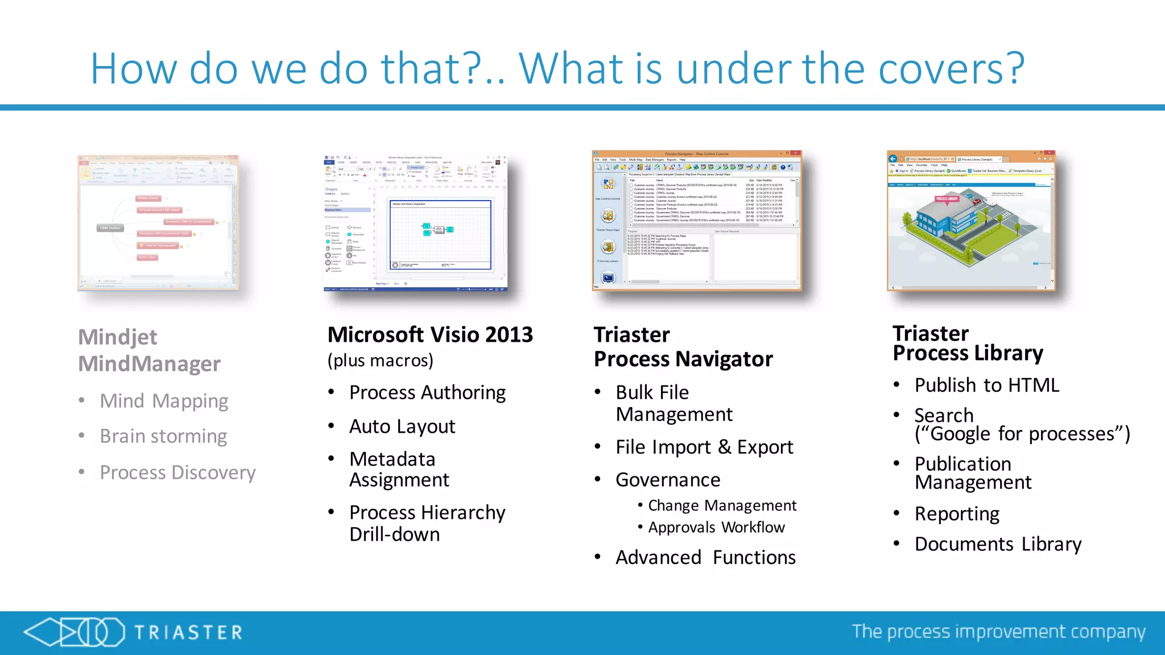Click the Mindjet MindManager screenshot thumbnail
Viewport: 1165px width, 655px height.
click(x=158, y=223)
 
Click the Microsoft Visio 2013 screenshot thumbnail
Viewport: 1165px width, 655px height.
click(x=415, y=223)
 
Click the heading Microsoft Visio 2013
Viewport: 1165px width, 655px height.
click(x=430, y=335)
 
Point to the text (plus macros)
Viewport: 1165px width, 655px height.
click(x=380, y=360)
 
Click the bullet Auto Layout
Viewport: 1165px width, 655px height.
click(x=402, y=426)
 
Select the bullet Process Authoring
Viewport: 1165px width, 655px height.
click(x=427, y=393)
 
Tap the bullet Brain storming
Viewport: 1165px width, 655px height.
click(x=163, y=436)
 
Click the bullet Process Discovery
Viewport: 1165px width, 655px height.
click(x=177, y=472)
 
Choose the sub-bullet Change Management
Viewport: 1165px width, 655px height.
click(x=722, y=505)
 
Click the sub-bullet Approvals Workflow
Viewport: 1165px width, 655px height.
click(x=716, y=528)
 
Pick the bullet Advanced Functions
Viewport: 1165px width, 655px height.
click(x=705, y=558)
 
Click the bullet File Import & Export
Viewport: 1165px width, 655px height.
click(x=704, y=447)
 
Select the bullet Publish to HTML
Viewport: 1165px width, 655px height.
click(x=986, y=385)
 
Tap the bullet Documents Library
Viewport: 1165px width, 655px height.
click(x=998, y=544)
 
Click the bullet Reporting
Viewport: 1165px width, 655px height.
click(x=957, y=514)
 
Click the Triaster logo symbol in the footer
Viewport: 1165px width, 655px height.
click(x=74, y=632)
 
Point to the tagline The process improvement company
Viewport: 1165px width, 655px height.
click(x=998, y=632)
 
